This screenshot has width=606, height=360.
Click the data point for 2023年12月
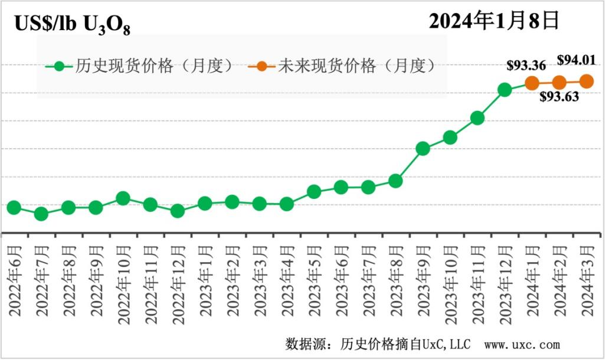coord(505,90)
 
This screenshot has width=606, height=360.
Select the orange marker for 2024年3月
coord(587,81)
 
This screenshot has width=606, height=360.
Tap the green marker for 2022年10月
coord(123,198)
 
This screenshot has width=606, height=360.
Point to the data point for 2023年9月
coord(422,149)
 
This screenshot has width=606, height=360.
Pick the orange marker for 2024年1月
coord(532,83)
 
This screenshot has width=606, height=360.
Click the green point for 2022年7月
coord(41,214)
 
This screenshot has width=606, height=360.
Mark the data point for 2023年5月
coord(314,192)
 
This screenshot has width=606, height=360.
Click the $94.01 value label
coord(576,60)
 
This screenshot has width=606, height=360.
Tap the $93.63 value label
coord(559,97)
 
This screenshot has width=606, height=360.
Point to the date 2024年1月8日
coord(493,21)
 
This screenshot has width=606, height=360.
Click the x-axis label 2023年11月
coord(477,277)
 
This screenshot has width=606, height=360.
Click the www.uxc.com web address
coord(522,344)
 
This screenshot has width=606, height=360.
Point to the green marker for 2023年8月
coord(395,181)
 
